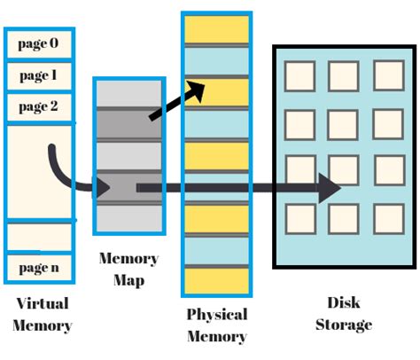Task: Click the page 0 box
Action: point(39,43)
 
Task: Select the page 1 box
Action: point(39,75)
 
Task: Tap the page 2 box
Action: point(39,107)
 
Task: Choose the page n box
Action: point(39,266)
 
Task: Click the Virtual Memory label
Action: point(43,315)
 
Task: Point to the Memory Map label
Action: point(129,270)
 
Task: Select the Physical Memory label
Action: point(216,325)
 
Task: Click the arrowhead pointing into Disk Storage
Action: point(330,187)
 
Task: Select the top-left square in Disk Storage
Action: point(299,74)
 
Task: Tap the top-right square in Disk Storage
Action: point(389,74)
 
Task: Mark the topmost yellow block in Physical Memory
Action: point(216,28)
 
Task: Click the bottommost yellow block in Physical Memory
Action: point(216,282)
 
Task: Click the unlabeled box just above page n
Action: point(39,236)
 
